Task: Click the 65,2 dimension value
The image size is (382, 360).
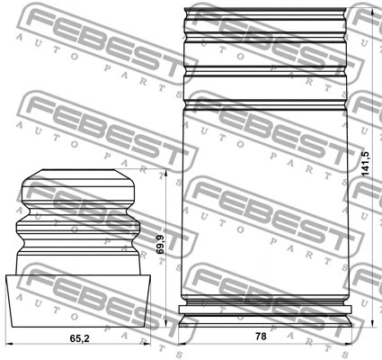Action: click(80, 338)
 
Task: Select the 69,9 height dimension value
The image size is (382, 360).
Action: click(160, 245)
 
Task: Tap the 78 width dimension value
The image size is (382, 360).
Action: click(261, 337)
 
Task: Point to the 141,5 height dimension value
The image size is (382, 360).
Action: click(366, 164)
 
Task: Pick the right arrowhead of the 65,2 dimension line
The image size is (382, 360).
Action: click(147, 344)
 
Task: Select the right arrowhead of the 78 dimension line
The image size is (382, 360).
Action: click(348, 344)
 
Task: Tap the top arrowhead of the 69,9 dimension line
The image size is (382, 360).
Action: click(165, 174)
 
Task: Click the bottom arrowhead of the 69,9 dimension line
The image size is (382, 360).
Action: click(165, 323)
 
